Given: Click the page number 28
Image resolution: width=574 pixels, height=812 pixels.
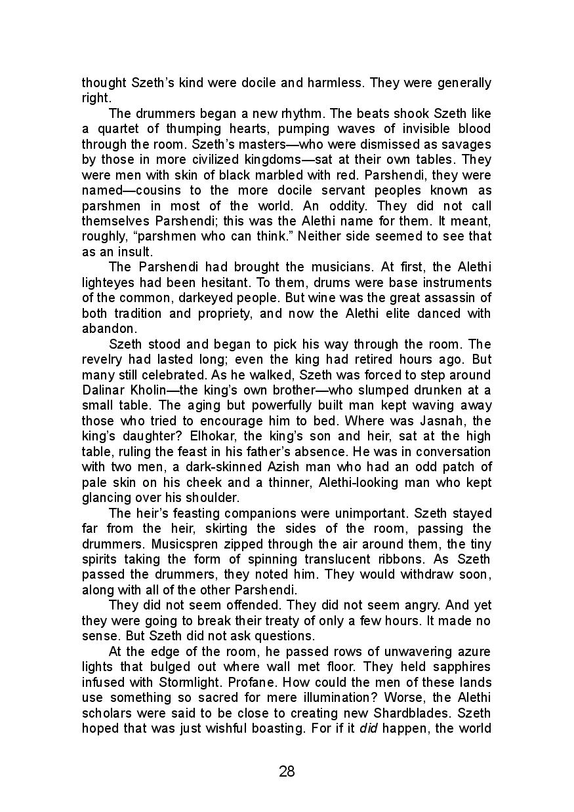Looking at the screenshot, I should click(287, 771).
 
